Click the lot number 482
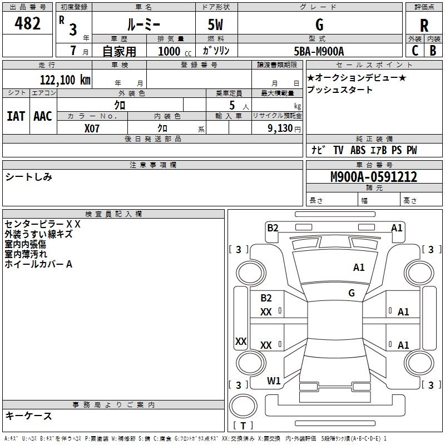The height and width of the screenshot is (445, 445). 27,23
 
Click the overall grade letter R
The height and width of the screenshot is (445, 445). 424,26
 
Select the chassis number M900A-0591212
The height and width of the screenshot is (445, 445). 374,177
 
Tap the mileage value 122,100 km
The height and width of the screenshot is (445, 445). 65,80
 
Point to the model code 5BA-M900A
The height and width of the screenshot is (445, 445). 319,51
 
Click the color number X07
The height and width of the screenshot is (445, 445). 92,128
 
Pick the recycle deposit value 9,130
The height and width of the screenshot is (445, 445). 280,128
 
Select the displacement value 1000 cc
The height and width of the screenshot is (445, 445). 175,51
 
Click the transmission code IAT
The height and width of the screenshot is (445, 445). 16,116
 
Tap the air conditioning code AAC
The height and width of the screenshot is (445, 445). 43,116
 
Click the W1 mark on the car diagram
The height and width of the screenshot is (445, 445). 274,380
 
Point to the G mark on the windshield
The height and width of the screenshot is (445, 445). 352,293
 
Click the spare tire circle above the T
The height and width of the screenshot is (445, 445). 243,406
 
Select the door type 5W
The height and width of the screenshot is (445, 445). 215,24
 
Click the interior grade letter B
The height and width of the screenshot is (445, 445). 433,51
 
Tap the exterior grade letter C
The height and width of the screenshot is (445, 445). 415,51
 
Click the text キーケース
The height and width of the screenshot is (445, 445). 29,416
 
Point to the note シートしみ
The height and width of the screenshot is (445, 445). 29,177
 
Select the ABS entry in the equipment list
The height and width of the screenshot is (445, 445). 358,150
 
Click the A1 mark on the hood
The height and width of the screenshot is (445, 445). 359,268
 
